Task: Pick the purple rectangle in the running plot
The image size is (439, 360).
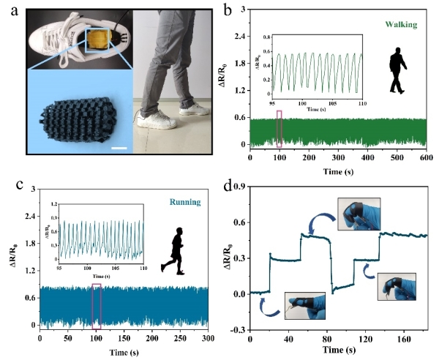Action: point(96,304)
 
